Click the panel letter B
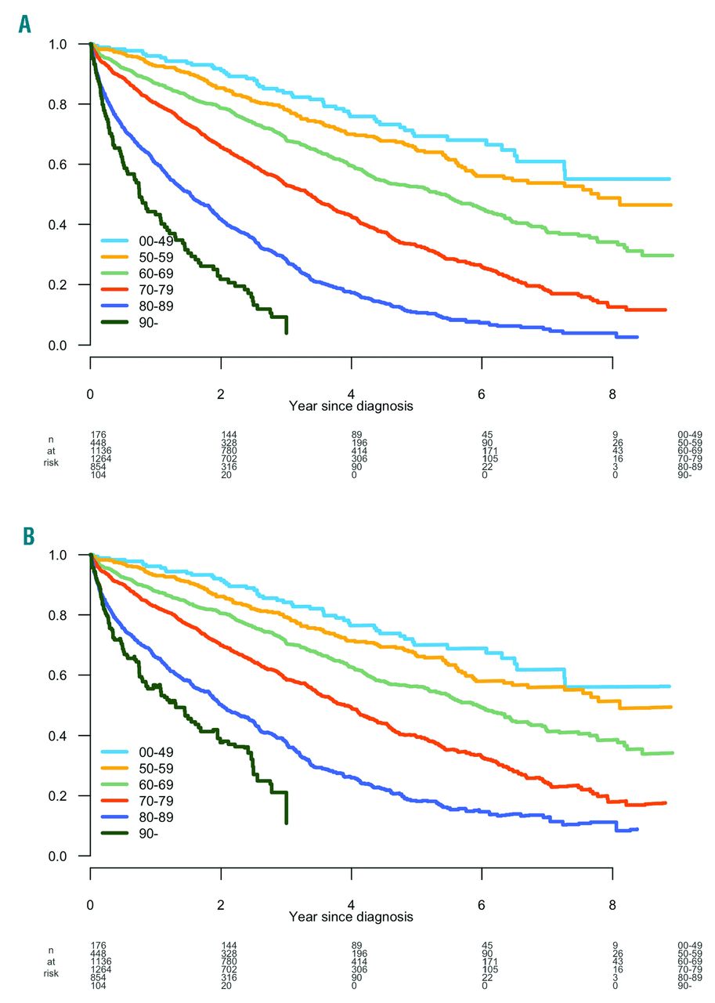tap(29, 536)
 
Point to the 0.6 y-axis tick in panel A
tap(67, 165)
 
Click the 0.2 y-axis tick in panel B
tap(67, 796)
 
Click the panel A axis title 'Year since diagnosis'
tap(351, 406)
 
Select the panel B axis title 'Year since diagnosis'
tap(351, 916)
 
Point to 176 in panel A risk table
tap(98, 433)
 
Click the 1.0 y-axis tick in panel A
tap(67, 45)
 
